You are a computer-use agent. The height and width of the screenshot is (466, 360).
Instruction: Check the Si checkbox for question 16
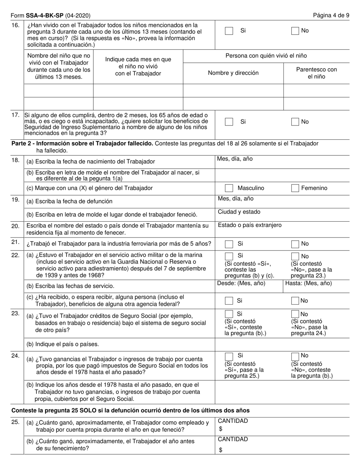point(229,31)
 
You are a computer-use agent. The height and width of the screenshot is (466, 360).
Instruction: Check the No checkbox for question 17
point(295,122)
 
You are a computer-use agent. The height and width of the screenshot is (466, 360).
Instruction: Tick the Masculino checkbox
point(229,188)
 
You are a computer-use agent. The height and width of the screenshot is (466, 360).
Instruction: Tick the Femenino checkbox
point(295,188)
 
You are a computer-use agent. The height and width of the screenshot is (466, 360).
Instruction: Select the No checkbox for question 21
point(295,244)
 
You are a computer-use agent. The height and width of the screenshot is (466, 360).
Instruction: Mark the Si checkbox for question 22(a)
point(229,256)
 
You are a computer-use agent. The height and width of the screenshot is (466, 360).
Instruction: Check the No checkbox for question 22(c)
point(295,301)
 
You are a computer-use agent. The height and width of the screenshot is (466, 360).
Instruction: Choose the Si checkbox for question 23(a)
point(229,314)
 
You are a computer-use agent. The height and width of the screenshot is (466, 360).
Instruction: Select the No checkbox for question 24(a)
point(295,356)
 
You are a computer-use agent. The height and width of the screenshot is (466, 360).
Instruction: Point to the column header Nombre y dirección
point(233,73)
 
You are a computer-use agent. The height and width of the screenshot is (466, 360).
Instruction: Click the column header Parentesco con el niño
point(316,73)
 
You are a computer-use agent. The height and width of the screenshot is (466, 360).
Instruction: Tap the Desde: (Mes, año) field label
point(241,283)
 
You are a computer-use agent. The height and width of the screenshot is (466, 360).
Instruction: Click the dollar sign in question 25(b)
point(221,450)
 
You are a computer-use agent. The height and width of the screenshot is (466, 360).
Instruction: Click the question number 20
point(16,226)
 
